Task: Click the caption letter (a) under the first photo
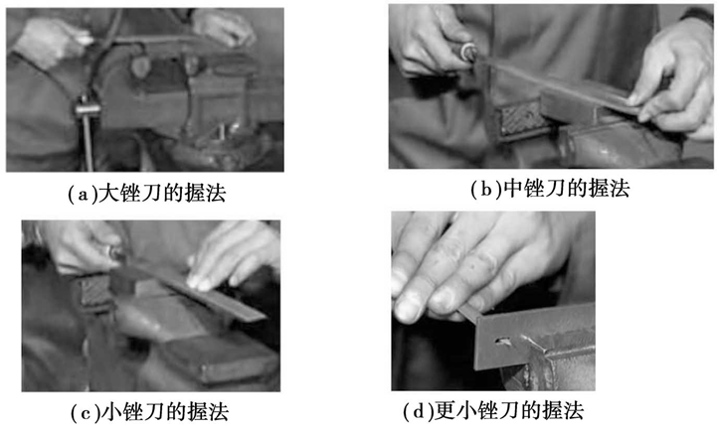pos(83,194)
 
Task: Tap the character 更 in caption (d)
pos(445,410)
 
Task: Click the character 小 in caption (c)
pos(110,412)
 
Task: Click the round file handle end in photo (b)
pos(469,52)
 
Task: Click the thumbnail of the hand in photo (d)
pos(409,306)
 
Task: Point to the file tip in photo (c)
pos(261,316)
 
